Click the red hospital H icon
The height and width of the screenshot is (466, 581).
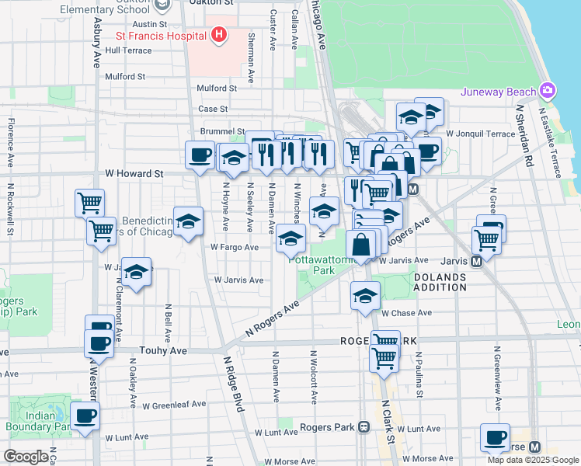coord(219,35)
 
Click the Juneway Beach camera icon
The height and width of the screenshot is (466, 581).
coord(548,91)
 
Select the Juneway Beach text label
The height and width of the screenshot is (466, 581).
coord(498,92)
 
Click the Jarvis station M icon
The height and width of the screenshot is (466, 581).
coord(478,261)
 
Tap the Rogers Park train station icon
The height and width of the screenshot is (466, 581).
coord(363,427)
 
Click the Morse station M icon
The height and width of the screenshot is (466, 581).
coord(534,447)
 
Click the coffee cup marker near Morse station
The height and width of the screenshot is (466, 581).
coord(495,437)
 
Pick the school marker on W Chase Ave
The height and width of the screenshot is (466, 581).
coord(364,295)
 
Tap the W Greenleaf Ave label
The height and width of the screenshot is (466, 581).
coord(174,405)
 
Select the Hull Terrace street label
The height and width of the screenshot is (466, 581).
coord(128,50)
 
